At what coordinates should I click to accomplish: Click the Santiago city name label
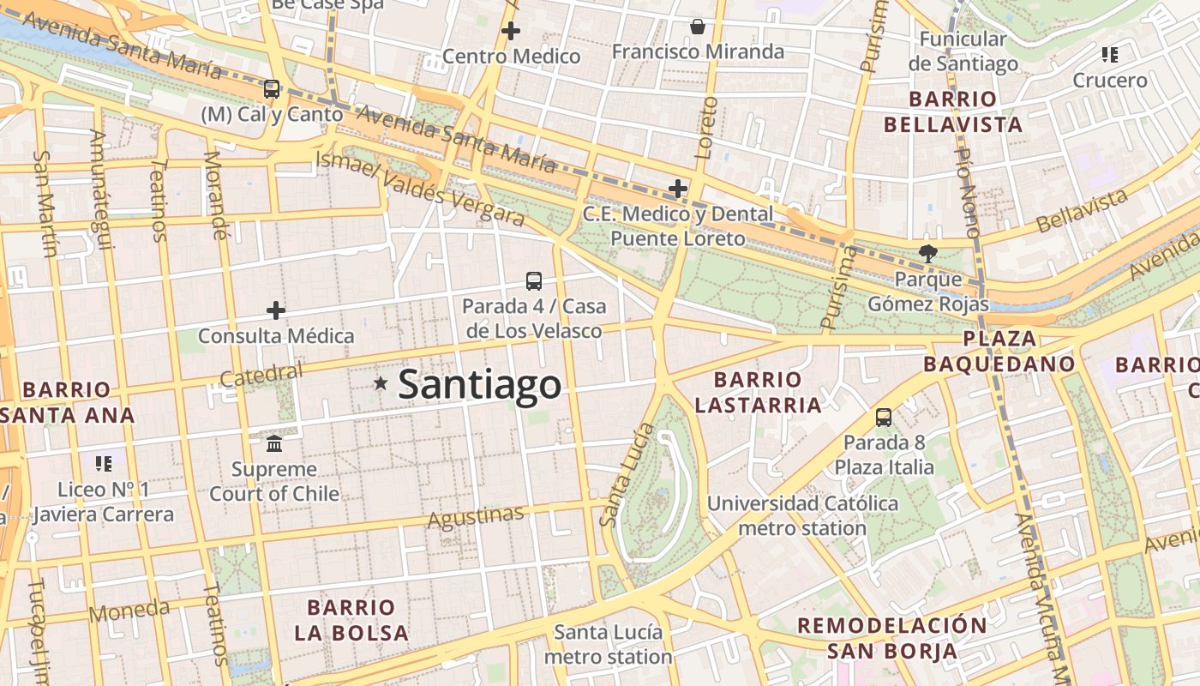pyautogui.click(x=479, y=384)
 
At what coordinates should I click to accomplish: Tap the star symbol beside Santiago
pyautogui.click(x=381, y=383)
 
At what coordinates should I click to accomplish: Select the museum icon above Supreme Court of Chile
pyautogui.click(x=274, y=443)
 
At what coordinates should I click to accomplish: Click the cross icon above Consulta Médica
pyautogui.click(x=275, y=310)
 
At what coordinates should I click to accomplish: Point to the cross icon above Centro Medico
pyautogui.click(x=511, y=31)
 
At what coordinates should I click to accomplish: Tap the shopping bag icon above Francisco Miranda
pyautogui.click(x=698, y=27)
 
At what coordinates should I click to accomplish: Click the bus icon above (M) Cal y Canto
pyautogui.click(x=272, y=88)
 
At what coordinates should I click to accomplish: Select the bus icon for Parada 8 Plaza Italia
pyautogui.click(x=884, y=418)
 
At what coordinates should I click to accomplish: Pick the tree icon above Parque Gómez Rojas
pyautogui.click(x=927, y=253)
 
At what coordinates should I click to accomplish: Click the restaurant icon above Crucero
pyautogui.click(x=1110, y=55)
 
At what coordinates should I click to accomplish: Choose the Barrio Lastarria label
pyautogui.click(x=758, y=392)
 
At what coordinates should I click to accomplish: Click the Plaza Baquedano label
pyautogui.click(x=999, y=351)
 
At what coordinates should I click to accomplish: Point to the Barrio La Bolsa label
pyautogui.click(x=351, y=620)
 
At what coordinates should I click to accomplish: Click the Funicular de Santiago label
pyautogui.click(x=963, y=51)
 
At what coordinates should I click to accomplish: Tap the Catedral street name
pyautogui.click(x=261, y=375)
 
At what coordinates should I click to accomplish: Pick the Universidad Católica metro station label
pyautogui.click(x=802, y=515)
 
